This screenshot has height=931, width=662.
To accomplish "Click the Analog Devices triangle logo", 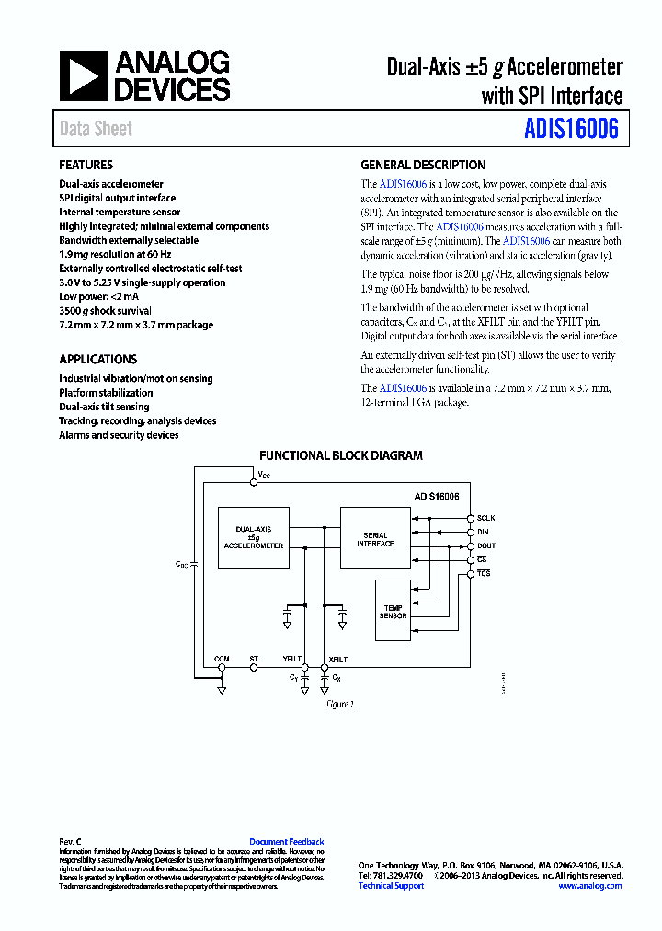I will [84, 75].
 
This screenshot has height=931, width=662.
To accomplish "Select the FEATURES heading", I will [86, 166].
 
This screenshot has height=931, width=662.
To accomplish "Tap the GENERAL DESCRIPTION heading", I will [423, 166].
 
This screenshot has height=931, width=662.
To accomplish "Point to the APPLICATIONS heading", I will [98, 360].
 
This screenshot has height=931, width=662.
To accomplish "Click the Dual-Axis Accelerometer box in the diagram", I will [254, 537].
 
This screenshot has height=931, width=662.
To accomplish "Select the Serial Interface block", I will [375, 539].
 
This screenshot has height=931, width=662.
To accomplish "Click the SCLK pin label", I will [486, 519].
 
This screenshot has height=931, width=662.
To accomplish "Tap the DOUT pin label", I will [486, 546].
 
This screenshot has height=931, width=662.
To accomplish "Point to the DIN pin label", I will [484, 533].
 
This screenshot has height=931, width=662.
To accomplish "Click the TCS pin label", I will [484, 574].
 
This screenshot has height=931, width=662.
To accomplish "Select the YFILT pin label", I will [292, 660].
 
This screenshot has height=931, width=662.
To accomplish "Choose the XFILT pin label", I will [337, 660].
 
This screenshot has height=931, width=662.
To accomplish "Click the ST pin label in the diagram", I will [254, 660].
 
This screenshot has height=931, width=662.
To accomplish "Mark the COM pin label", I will [222, 660].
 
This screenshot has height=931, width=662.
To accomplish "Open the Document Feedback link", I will [286, 842].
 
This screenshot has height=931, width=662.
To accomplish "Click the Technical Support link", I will [391, 886].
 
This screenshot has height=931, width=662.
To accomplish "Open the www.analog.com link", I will [588, 886].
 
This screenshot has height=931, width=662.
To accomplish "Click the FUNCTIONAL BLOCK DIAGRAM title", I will [340, 455].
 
